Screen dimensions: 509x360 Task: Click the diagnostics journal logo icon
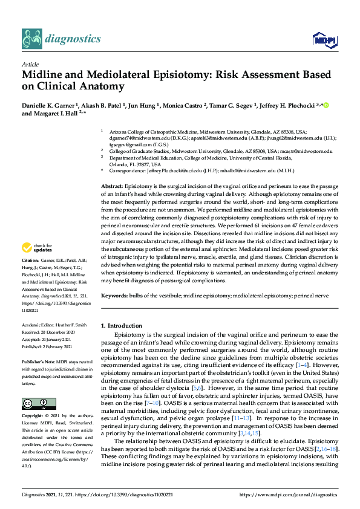pos(31,39)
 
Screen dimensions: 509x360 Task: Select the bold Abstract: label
pos(112,187)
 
